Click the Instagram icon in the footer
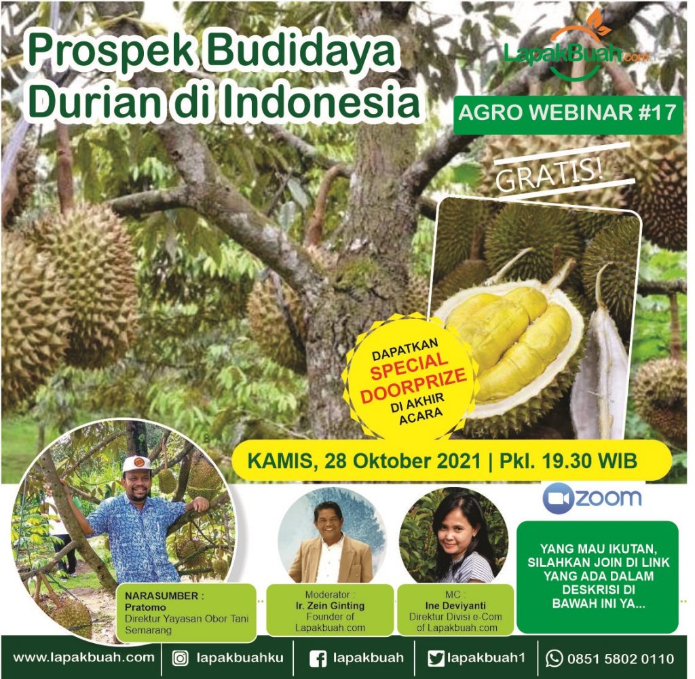coord(180,659)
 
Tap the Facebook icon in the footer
coord(318,659)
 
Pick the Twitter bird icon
coord(436,659)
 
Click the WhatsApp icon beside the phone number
coord(554,659)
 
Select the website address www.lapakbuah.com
coord(83,657)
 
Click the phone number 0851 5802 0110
coord(620,659)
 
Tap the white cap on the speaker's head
coord(137,465)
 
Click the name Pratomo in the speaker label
coord(145,607)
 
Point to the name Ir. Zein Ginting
coord(330,606)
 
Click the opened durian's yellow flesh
coord(510,336)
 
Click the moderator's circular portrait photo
coord(333,536)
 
